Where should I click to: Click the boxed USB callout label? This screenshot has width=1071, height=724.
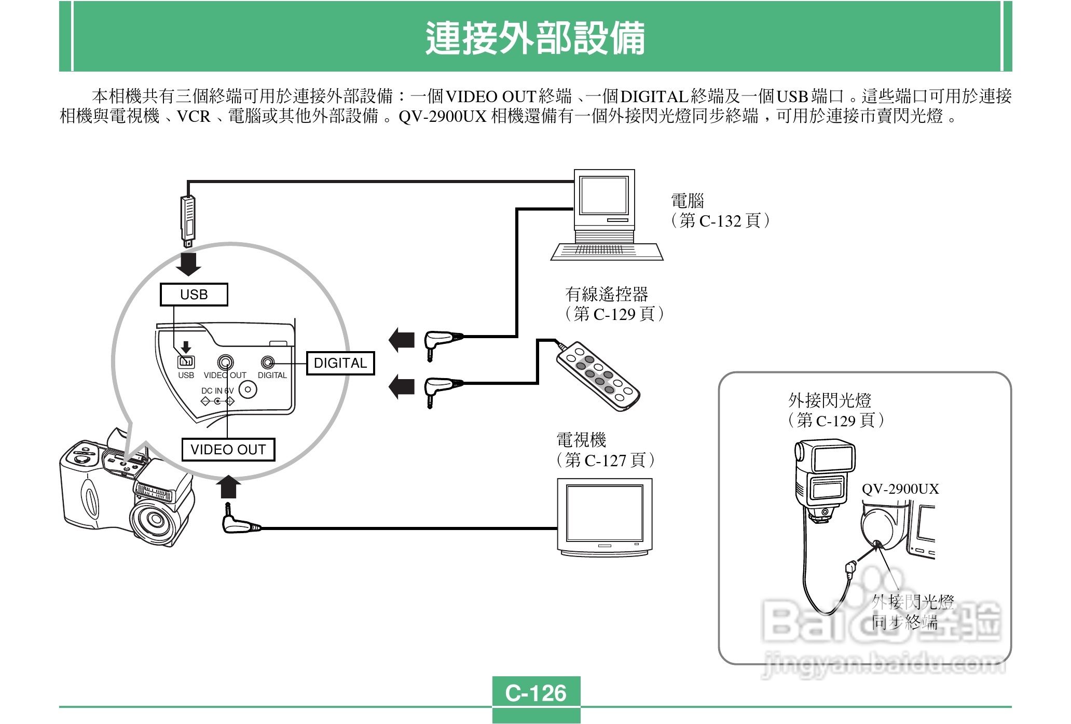[x=194, y=295]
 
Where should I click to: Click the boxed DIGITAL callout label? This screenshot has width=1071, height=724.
[x=340, y=363]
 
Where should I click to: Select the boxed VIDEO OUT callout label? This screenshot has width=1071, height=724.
[x=228, y=450]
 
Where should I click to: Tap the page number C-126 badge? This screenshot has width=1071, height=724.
[x=536, y=693]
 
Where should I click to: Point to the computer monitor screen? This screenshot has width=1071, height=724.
[x=604, y=196]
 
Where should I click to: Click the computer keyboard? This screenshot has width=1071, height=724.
[x=606, y=252]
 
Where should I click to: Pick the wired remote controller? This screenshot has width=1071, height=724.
[x=598, y=377]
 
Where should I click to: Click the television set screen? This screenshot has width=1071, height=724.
[x=605, y=513]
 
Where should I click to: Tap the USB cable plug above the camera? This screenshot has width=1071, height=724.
[x=188, y=220]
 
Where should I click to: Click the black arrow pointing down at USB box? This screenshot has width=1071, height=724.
[x=188, y=263]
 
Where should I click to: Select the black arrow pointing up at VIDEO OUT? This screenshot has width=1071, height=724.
[x=228, y=488]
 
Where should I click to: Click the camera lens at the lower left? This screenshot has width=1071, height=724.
[x=155, y=519]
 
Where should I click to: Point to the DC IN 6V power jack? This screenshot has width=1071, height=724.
[x=248, y=389]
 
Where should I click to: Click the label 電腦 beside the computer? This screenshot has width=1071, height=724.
[x=688, y=201]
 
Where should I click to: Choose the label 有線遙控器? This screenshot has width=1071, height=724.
[x=607, y=294]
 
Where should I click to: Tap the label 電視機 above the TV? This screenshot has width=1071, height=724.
[x=581, y=440]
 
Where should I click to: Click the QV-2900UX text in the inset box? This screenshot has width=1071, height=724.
[x=900, y=489]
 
